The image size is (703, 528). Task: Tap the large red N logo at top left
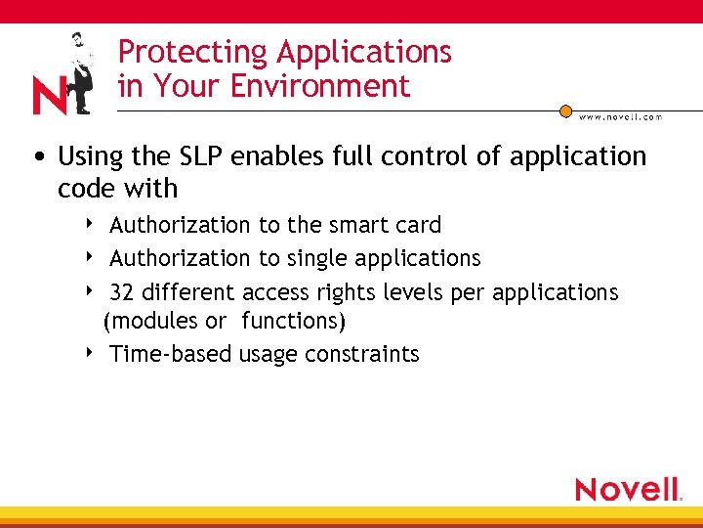50,96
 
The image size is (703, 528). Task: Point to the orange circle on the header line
565,111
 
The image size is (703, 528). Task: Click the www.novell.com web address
620,117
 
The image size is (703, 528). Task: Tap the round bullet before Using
40,157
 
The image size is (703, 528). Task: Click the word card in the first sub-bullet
418,225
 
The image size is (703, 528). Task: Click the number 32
122,292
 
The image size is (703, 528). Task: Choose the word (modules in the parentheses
147,321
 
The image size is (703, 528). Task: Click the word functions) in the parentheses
293,321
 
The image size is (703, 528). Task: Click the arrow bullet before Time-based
90,352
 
